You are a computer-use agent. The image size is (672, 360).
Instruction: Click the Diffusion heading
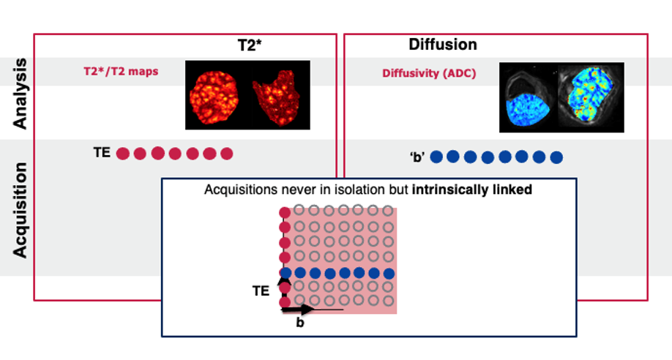(442, 45)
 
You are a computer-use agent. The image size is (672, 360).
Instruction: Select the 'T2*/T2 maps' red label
(120, 72)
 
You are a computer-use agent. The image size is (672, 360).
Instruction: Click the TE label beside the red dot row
(102, 154)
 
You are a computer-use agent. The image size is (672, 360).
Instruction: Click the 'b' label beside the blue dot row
(417, 157)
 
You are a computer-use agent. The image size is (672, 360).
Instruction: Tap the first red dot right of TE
(123, 154)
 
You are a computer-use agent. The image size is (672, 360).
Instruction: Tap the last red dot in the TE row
(226, 154)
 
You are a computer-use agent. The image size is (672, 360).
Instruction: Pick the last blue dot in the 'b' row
(556, 157)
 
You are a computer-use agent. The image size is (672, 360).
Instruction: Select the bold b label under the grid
(299, 322)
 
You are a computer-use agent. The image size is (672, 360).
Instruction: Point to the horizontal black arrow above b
(299, 310)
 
